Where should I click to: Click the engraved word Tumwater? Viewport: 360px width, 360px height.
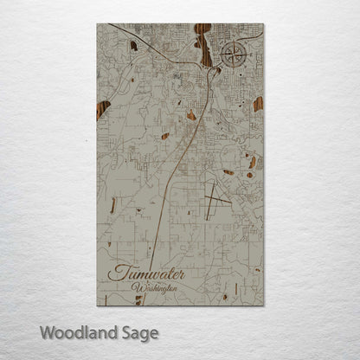click(147, 272)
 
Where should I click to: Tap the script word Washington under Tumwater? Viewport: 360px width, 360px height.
click(155, 286)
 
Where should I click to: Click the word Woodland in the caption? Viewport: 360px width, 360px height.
click(73, 331)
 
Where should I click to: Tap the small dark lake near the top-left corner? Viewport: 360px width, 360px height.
click(133, 45)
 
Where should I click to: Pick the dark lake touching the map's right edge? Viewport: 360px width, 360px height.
click(257, 104)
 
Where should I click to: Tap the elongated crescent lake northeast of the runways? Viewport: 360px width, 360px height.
click(252, 162)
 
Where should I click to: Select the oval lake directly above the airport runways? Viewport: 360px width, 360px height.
click(228, 172)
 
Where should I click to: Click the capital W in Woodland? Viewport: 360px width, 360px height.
click(46, 331)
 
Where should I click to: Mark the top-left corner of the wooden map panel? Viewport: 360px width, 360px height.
click(98, 24)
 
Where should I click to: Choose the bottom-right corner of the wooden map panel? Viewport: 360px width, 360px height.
click(263, 305)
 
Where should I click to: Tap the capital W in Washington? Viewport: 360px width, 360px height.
click(137, 286)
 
